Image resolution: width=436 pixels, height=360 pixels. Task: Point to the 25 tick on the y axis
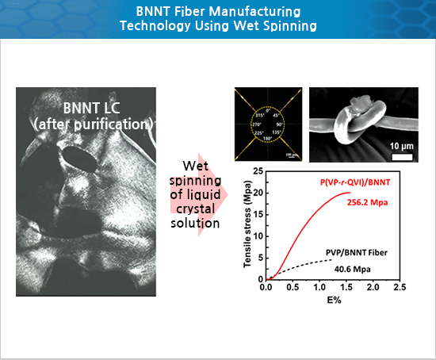tap(258, 171)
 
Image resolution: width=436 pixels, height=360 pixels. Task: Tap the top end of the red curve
tap(350, 193)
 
